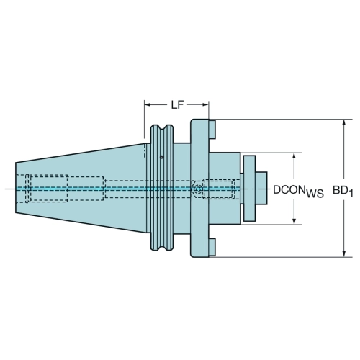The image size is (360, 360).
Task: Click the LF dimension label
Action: click(177, 105)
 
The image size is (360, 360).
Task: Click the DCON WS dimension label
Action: click(298, 192)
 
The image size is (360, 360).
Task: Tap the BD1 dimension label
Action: click(343, 192)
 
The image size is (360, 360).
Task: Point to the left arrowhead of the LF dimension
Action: click(147, 104)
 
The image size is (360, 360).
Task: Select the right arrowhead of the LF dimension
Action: click(206, 104)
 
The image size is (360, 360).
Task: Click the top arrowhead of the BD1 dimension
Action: click(344, 122)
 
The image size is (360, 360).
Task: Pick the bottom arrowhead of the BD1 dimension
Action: click(344, 254)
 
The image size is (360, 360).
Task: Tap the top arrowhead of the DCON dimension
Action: click(294, 156)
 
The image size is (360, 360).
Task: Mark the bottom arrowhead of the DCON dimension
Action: click(294, 222)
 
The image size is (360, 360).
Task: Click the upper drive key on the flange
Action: click(212, 130)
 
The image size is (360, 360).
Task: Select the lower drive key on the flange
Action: click(212, 247)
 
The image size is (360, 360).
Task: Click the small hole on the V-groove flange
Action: click(162, 157)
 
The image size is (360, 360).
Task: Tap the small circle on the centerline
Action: click(198, 189)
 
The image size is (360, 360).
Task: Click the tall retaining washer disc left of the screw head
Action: click(249, 189)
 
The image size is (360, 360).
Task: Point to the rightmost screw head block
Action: click(261, 188)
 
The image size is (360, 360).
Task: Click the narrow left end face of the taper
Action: click(16, 188)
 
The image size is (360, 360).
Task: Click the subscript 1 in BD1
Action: click(351, 194)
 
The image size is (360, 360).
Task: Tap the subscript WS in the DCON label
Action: click(315, 194)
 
